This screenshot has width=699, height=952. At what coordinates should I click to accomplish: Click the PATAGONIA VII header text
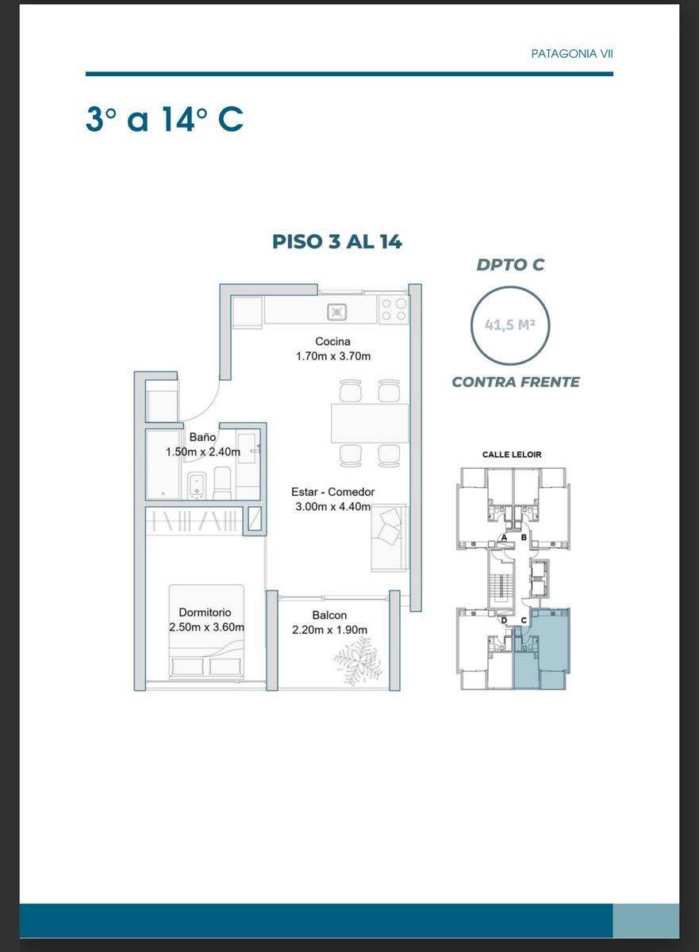[572, 54]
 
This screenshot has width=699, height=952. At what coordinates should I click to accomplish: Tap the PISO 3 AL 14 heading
[336, 241]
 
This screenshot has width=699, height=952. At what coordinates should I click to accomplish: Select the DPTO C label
[510, 264]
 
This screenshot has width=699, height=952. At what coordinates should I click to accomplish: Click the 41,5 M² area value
[510, 324]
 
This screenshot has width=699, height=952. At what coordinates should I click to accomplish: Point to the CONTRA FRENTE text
[516, 382]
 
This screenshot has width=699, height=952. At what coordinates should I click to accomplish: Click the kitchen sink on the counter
[337, 313]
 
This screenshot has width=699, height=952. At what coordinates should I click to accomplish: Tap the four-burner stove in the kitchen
[394, 309]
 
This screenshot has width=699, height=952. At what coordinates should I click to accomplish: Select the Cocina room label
[332, 341]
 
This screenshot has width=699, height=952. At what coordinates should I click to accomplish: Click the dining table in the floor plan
[370, 424]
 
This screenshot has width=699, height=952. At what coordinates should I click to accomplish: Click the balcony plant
[358, 660]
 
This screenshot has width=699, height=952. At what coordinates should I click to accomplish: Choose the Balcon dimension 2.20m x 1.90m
[329, 630]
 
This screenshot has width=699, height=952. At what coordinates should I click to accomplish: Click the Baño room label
[202, 437]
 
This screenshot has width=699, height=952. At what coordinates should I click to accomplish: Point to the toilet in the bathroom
[222, 483]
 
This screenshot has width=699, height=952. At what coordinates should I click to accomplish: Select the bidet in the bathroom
[197, 486]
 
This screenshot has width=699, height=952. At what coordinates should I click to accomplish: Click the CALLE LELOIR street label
[512, 455]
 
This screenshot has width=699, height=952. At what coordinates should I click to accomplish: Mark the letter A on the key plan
[505, 538]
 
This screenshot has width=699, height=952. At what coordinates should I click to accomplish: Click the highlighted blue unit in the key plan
[542, 649]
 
